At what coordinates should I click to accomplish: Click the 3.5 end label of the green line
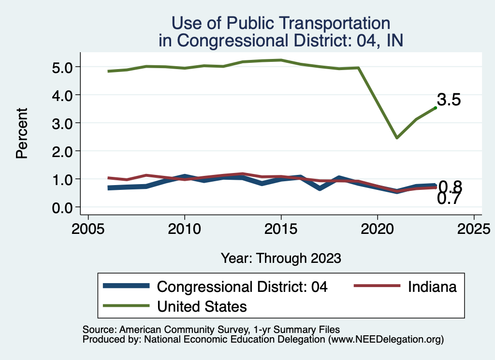click(449, 100)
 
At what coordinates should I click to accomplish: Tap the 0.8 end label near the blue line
click(450, 187)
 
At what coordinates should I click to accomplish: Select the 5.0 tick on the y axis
click(62, 67)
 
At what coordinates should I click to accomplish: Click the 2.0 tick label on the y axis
click(62, 151)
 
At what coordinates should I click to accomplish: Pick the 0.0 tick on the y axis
click(62, 207)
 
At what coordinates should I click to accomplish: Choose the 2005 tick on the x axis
click(88, 228)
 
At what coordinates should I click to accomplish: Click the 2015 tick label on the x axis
click(281, 228)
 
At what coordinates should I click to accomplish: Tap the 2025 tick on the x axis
click(474, 228)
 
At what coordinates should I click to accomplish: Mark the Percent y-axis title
click(21, 133)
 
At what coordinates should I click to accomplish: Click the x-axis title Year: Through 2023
click(281, 258)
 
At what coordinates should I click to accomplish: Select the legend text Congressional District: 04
click(243, 287)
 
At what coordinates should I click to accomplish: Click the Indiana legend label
click(432, 287)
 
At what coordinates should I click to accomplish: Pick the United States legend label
click(203, 306)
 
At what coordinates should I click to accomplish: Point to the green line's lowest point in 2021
click(396, 138)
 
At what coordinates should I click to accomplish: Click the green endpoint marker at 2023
click(435, 108)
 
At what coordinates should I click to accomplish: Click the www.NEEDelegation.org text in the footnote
click(386, 340)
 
